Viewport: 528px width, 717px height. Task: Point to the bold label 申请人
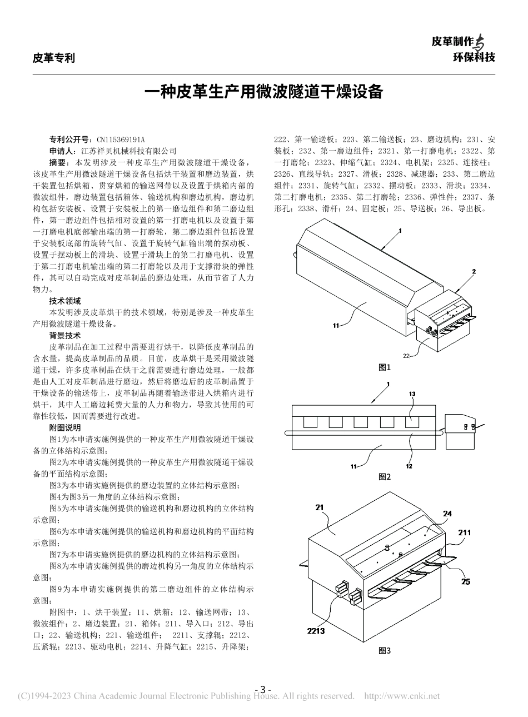click(x=61, y=151)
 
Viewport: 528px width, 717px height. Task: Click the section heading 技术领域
click(x=64, y=301)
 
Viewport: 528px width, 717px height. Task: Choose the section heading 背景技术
click(x=64, y=335)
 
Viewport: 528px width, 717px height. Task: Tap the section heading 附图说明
click(x=64, y=427)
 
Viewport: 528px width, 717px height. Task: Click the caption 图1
click(x=385, y=367)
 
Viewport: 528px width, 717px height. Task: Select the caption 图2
click(x=385, y=476)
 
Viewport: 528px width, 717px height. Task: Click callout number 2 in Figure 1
click(x=474, y=271)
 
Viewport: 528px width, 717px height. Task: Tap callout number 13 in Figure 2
click(x=412, y=394)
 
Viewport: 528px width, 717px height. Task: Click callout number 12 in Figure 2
click(x=409, y=466)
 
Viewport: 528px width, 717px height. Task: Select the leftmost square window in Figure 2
click(x=310, y=422)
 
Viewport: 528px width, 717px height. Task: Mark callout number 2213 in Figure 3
click(x=315, y=630)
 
